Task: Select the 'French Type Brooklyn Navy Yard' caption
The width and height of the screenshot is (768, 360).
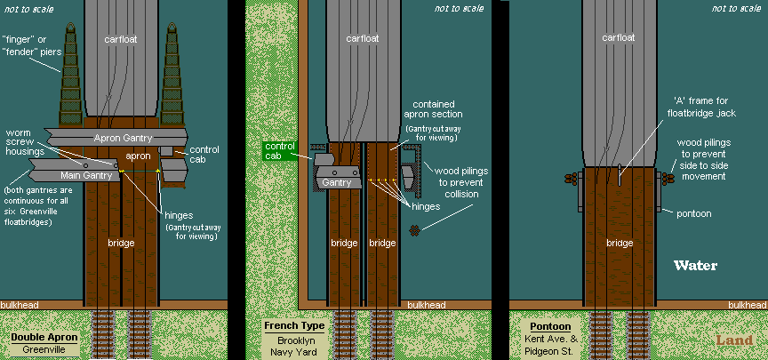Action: pyautogui.click(x=293, y=339)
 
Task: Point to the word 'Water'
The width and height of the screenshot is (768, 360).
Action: pyautogui.click(x=695, y=266)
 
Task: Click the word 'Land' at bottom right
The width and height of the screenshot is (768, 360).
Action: pyautogui.click(x=733, y=339)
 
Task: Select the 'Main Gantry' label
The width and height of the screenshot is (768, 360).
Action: pyautogui.click(x=84, y=176)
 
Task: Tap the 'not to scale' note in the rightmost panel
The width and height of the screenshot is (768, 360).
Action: pyautogui.click(x=738, y=9)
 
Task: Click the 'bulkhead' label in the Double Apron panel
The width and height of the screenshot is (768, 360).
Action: pyautogui.click(x=19, y=305)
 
